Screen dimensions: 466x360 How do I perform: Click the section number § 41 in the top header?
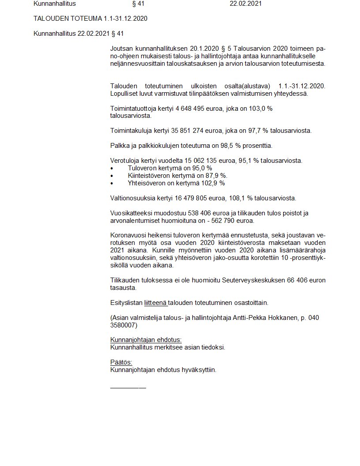pyautogui.click(x=138, y=4)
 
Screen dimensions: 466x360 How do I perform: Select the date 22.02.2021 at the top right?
pyautogui.click(x=246, y=4)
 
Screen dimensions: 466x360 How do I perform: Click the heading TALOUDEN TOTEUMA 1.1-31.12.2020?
pyautogui.click(x=90, y=19)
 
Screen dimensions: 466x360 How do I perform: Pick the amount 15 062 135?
pyautogui.click(x=194, y=161)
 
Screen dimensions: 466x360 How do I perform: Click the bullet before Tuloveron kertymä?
pyautogui.click(x=112, y=169)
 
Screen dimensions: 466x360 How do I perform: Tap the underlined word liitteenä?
pyautogui.click(x=155, y=303)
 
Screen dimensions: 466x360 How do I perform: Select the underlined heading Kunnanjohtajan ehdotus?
pyautogui.click(x=146, y=340)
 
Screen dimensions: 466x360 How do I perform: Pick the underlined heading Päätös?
pyautogui.click(x=121, y=362)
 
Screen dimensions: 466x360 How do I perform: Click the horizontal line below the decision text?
pyautogui.click(x=128, y=387)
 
